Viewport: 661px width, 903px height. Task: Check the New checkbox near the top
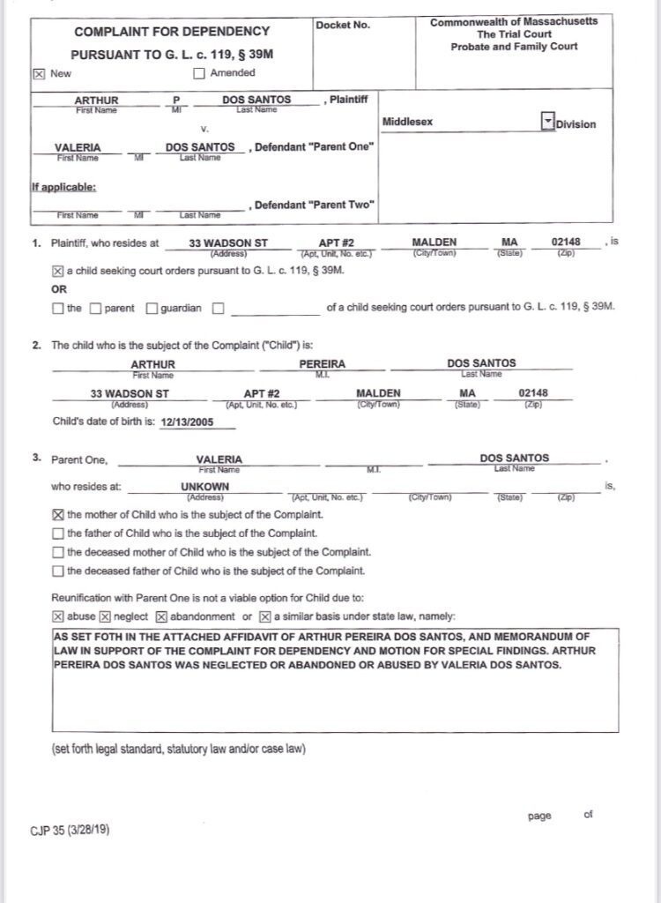(38, 74)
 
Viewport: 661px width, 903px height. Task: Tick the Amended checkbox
(199, 73)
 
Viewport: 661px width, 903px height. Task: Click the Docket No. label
(343, 25)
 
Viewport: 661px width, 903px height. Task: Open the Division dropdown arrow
(546, 122)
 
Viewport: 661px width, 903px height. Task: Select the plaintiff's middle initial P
(176, 101)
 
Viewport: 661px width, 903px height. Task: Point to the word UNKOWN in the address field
(204, 486)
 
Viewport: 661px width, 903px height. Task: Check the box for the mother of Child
(58, 514)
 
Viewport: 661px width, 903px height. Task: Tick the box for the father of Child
(58, 534)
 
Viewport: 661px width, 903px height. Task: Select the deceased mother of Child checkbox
(58, 552)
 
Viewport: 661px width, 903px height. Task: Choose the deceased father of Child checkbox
(58, 571)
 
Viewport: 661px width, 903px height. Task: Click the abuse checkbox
(58, 616)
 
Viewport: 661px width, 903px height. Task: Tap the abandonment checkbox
(161, 616)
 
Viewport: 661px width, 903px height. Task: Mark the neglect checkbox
(105, 616)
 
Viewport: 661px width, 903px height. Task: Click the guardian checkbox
(152, 309)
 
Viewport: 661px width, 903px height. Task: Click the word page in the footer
(539, 816)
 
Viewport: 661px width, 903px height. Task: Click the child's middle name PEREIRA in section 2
(323, 363)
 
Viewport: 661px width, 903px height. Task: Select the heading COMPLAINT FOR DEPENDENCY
(147, 32)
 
